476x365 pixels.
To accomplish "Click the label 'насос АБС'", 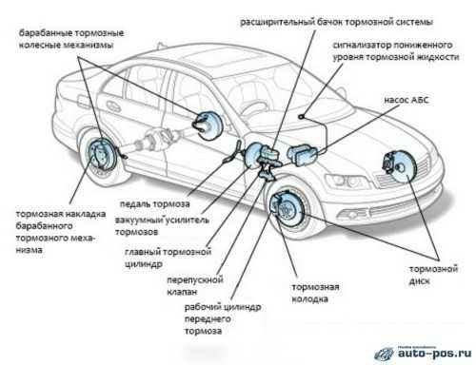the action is click(406, 100).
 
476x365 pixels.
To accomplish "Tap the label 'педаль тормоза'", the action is click(155, 204).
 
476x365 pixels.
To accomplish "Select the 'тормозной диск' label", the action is click(433, 275).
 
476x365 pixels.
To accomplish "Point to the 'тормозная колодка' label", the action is click(315, 293).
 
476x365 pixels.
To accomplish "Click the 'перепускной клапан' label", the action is click(195, 285).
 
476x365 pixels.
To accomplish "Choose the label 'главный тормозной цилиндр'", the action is click(168, 258).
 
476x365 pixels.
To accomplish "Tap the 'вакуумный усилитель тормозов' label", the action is click(162, 225).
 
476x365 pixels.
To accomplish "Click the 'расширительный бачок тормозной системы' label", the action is click(336, 22).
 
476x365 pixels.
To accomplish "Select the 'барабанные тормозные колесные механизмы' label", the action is click(71, 39).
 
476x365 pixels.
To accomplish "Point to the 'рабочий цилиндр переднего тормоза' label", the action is click(223, 319).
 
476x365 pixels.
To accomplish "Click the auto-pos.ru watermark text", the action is click(434, 353).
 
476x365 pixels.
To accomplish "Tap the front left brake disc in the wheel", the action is click(287, 208).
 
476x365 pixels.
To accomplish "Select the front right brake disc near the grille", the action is click(399, 165).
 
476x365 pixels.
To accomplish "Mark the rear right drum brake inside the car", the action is click(208, 125).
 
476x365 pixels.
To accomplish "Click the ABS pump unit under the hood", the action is click(303, 155).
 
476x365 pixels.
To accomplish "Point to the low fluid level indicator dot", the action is click(301, 116).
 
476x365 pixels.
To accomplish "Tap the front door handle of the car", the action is click(114, 106).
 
